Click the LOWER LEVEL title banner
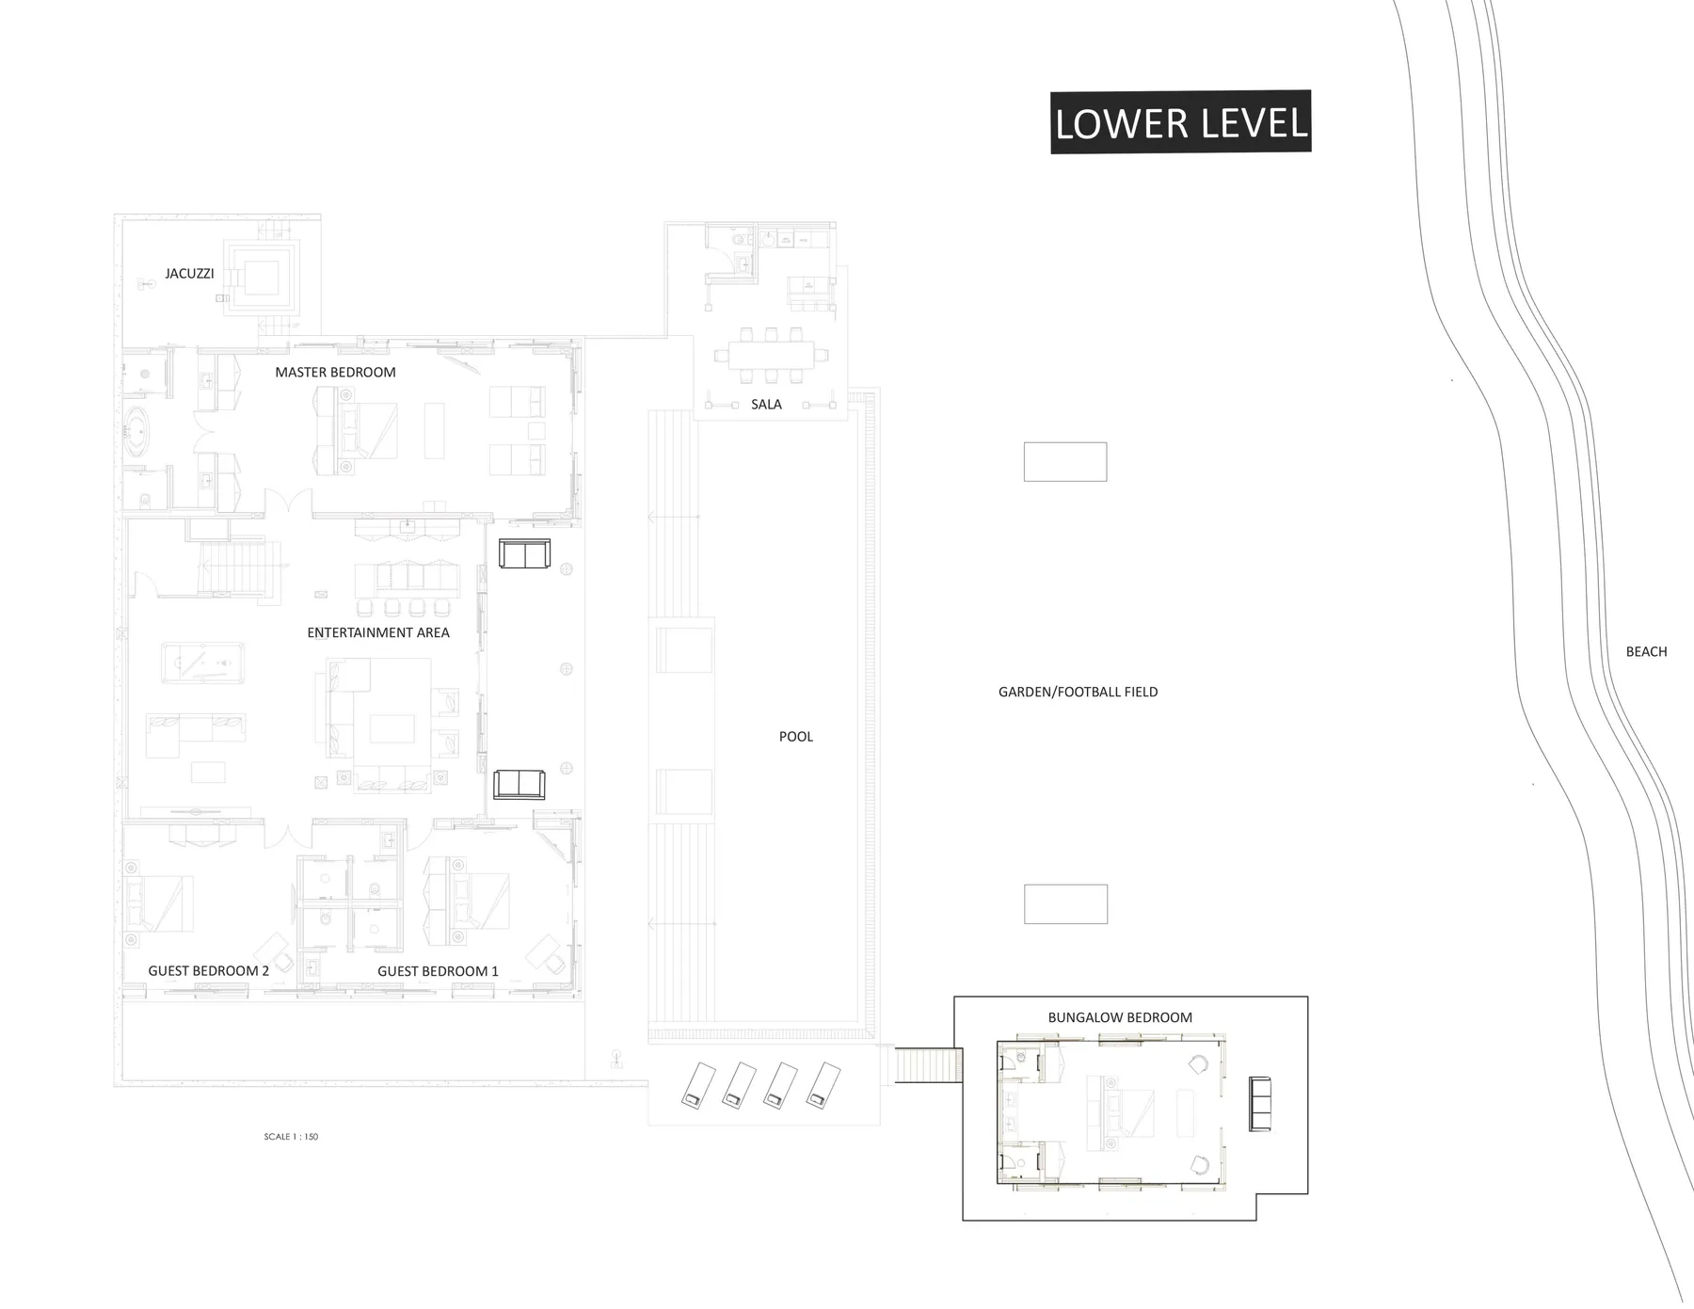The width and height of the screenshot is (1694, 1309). point(1180,122)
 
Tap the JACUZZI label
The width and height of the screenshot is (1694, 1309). point(189,274)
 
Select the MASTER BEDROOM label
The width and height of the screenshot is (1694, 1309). point(335,373)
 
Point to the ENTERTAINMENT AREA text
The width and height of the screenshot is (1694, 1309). point(378,632)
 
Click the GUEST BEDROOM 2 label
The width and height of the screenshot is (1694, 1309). point(209,971)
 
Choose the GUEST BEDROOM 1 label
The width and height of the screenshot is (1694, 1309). point(438,971)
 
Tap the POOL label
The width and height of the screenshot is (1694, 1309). point(796,737)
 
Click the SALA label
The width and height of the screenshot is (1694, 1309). point(766,405)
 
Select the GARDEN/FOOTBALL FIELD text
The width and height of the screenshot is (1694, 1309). point(1079,692)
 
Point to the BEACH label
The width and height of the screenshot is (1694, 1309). point(1646,651)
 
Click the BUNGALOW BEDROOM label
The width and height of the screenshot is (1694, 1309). point(1120,1017)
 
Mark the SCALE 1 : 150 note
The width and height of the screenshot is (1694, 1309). point(291,1137)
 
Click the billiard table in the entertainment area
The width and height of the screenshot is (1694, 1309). point(202,662)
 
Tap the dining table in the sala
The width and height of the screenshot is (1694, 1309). point(771,357)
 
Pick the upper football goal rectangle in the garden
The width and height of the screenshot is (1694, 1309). point(1065,462)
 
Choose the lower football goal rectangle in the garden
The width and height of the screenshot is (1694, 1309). point(1065,904)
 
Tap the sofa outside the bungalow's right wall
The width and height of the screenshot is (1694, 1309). point(1259,1103)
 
